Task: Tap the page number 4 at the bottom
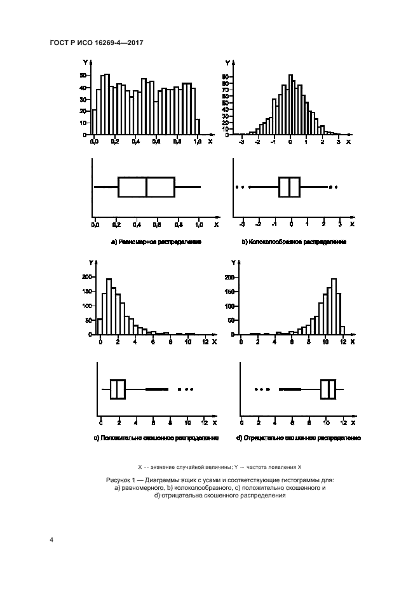pyautogui.click(x=51, y=540)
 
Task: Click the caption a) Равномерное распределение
pyautogui.click(x=147, y=242)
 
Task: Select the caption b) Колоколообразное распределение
pyautogui.click(x=294, y=242)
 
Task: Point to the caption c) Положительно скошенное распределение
pyautogui.click(x=156, y=438)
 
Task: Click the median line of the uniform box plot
pyautogui.click(x=146, y=187)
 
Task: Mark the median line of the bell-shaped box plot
pyautogui.click(x=290, y=187)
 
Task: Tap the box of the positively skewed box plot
pyautogui.click(x=118, y=389)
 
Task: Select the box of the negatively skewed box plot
pyautogui.click(x=328, y=389)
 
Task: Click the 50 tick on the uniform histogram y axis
pyautogui.click(x=83, y=75)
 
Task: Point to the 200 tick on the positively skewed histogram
pyautogui.click(x=86, y=277)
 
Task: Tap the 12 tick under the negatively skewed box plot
pyautogui.click(x=342, y=421)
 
